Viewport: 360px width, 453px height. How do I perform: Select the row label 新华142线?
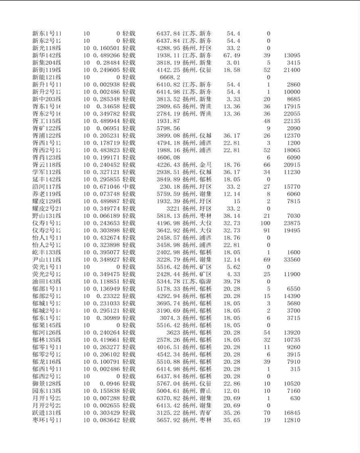46,56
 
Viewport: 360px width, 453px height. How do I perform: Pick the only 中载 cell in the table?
129,186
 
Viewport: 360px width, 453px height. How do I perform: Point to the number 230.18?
169,186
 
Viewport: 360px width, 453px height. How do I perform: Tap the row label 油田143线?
46,281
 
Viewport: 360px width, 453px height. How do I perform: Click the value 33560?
291,259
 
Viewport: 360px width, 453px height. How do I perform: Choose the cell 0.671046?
102,186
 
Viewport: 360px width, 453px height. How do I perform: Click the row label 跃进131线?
46,412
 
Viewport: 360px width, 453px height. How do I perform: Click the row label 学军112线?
46,172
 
